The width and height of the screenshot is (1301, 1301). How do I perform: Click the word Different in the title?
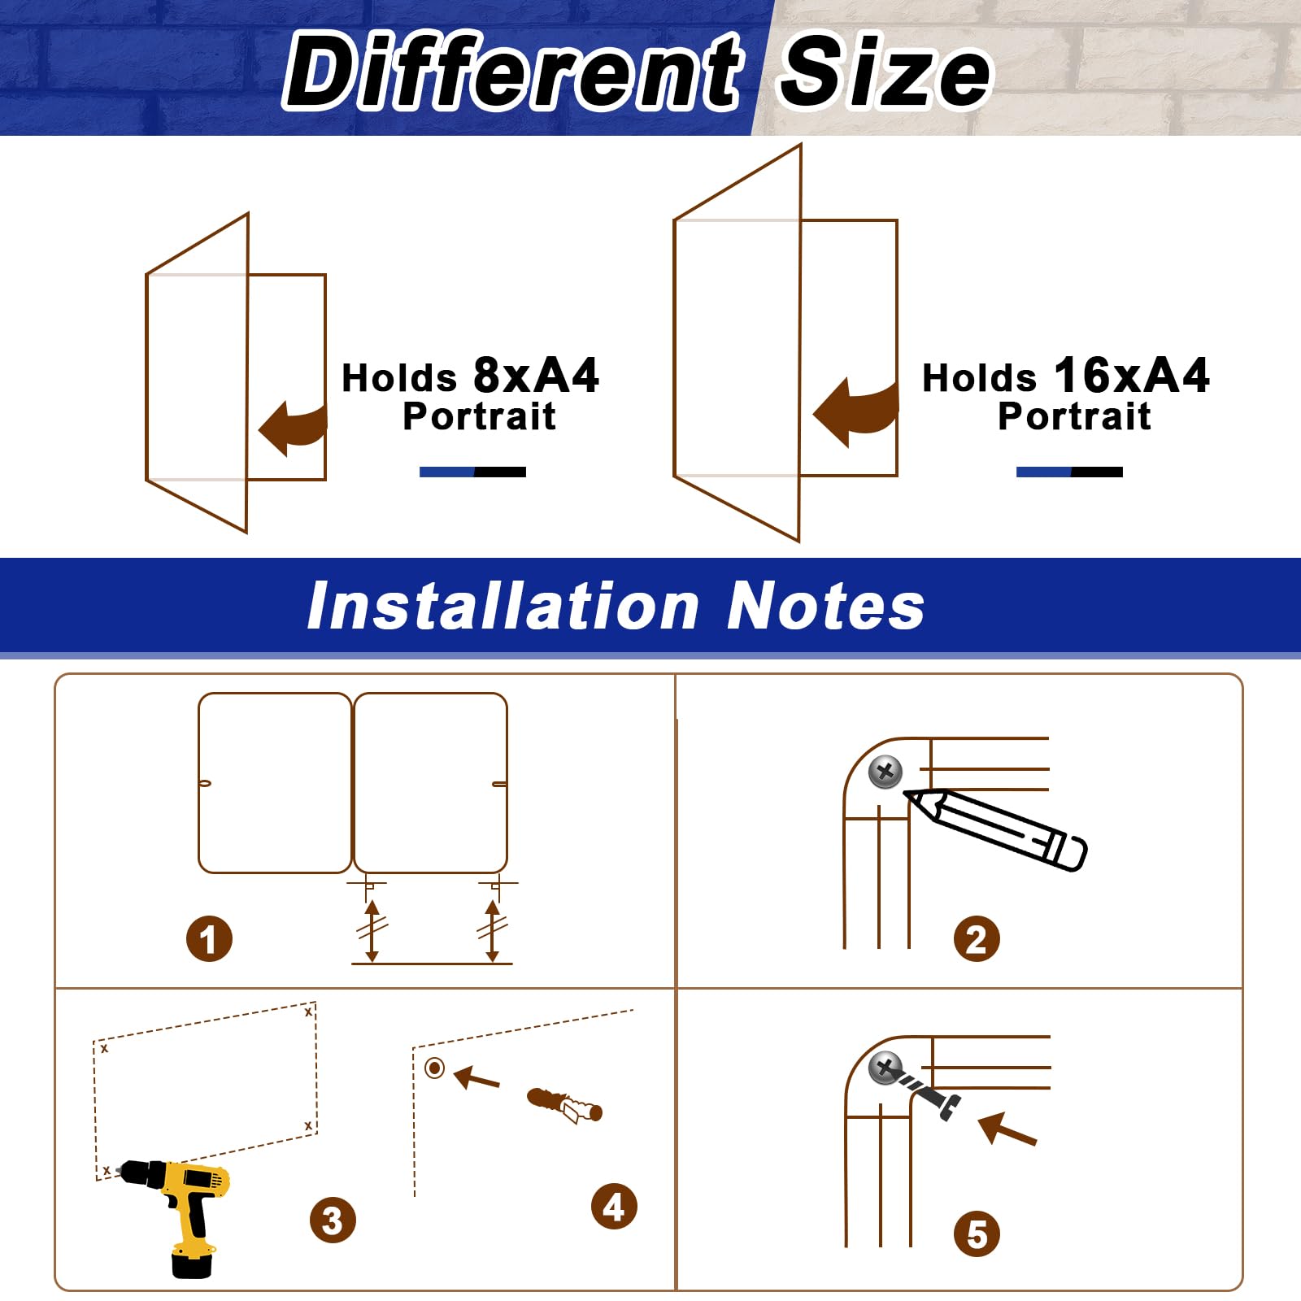(x=512, y=71)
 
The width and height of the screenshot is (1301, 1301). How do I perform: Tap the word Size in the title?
(x=885, y=71)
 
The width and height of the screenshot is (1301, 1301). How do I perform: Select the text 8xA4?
(x=536, y=376)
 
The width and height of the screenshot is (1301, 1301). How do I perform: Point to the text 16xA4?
(x=1131, y=376)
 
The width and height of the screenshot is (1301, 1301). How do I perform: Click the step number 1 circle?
(x=209, y=939)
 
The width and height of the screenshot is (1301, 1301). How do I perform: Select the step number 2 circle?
(x=977, y=939)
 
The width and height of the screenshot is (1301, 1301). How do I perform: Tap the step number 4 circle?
(x=614, y=1206)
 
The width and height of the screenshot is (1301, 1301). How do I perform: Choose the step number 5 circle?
(x=977, y=1234)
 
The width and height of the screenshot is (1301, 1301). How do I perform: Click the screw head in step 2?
(x=885, y=771)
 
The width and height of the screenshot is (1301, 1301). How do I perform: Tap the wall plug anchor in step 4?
(x=565, y=1104)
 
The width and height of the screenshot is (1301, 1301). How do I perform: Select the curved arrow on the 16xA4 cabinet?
(x=856, y=411)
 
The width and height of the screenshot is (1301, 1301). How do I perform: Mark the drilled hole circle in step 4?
(x=435, y=1068)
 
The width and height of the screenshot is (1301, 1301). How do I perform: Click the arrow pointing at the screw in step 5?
(x=1007, y=1129)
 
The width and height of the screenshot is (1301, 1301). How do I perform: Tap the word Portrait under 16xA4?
(x=1074, y=416)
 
